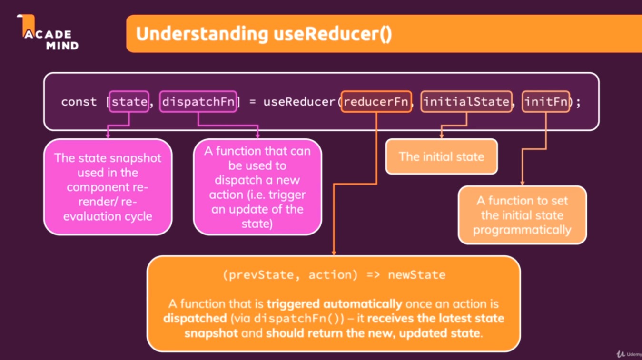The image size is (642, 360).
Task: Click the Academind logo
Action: tap(48, 33)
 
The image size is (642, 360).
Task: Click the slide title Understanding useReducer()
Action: tap(264, 34)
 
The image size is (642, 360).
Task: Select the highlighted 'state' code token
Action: tap(129, 102)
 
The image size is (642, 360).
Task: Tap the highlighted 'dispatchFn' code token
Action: tap(198, 102)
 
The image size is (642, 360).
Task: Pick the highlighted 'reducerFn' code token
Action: tap(376, 102)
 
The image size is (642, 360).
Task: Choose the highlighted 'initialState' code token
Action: tap(466, 102)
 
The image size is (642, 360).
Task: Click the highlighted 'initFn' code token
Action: tap(546, 102)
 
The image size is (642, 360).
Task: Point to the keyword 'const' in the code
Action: tap(79, 102)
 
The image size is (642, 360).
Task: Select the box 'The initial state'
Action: tap(441, 156)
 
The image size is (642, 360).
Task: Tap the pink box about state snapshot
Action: tap(108, 187)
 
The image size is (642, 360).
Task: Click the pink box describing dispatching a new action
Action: tap(257, 187)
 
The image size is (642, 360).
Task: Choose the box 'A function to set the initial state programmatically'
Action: tap(522, 215)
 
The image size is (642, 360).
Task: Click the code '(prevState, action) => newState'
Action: tap(334, 275)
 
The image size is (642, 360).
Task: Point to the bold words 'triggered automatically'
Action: tap(334, 304)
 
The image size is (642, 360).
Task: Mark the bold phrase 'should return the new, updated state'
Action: tap(373, 333)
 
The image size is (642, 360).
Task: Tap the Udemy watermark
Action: tap(628, 354)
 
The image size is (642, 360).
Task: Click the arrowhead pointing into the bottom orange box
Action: tap(334, 253)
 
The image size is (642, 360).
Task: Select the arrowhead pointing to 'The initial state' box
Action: tap(441, 136)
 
